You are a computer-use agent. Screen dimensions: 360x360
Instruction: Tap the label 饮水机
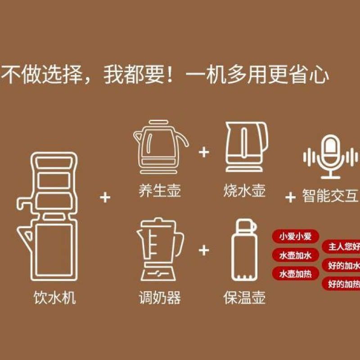[x=54, y=297]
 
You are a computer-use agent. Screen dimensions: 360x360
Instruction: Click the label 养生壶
[x=160, y=190]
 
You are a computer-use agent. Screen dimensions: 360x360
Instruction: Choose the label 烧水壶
[x=245, y=190]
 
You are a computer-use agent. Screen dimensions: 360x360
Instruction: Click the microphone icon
[x=331, y=157]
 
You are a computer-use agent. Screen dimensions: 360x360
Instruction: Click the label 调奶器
[x=160, y=297]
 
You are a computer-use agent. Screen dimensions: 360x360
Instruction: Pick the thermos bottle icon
[x=243, y=250]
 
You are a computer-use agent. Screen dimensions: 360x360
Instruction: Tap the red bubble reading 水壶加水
[x=295, y=255]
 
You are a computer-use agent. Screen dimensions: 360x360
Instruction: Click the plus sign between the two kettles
[x=204, y=152]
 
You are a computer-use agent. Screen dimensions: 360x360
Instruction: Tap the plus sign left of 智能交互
[x=291, y=197]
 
